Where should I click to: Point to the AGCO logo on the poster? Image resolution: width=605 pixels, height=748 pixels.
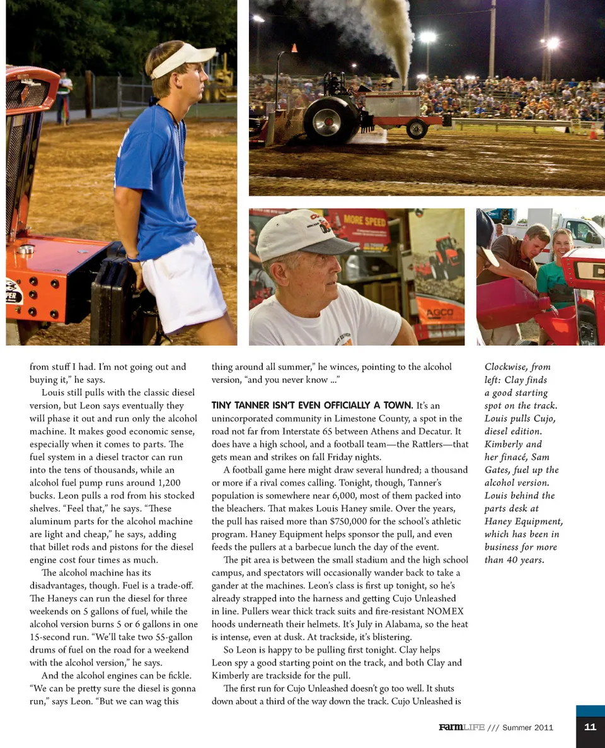coord(445,313)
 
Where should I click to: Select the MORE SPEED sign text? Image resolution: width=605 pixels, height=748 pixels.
coord(366,221)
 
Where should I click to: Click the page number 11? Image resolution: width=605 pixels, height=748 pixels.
coord(590,727)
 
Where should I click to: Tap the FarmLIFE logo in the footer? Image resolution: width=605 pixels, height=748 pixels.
coord(462,727)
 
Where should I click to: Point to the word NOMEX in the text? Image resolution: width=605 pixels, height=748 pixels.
coord(445,611)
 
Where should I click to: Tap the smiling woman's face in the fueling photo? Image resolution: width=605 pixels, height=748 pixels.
coord(562,243)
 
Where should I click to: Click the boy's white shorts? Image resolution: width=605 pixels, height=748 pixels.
coord(185,284)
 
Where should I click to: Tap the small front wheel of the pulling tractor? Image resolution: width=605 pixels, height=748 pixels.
coord(417,129)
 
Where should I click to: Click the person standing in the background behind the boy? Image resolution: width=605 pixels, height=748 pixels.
coord(64,95)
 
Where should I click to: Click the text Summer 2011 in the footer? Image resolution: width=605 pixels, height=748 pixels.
coord(527,727)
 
